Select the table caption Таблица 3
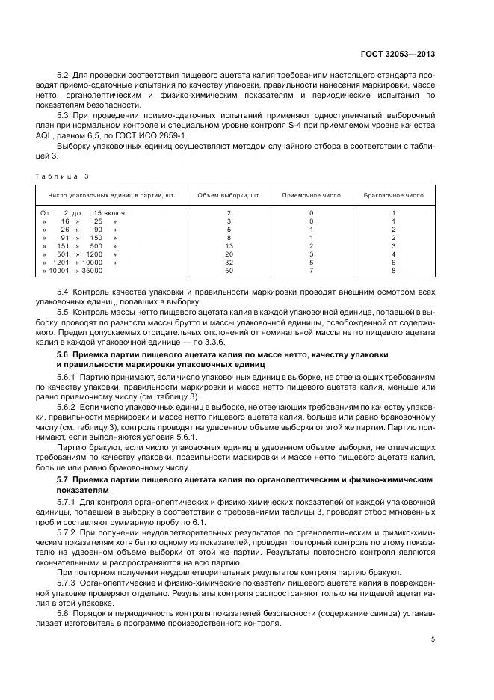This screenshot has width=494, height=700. point(61,176)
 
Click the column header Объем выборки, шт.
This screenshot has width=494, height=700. point(229,195)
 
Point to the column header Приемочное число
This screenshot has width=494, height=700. point(311,195)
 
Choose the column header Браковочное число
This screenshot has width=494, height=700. point(393,195)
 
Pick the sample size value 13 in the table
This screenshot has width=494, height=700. point(229,245)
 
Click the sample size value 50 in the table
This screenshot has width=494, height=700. point(229,270)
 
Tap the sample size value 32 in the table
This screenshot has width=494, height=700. point(229,262)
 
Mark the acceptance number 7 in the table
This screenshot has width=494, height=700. point(311,270)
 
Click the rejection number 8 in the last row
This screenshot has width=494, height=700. point(393,270)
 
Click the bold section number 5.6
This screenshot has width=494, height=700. point(66,353)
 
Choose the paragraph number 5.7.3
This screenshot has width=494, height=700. point(70,582)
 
